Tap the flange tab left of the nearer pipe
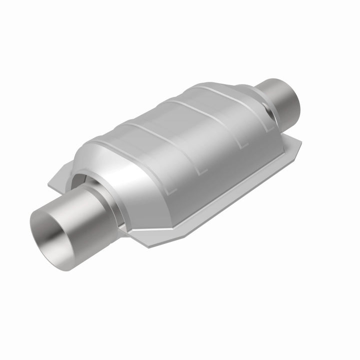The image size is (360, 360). [x=56, y=183]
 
